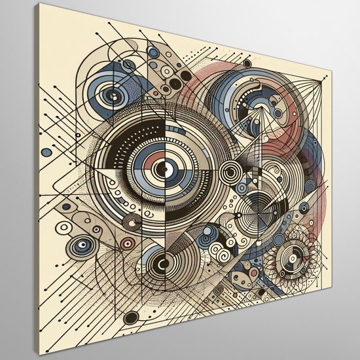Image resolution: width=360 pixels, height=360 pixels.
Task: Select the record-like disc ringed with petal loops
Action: (x=288, y=259)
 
